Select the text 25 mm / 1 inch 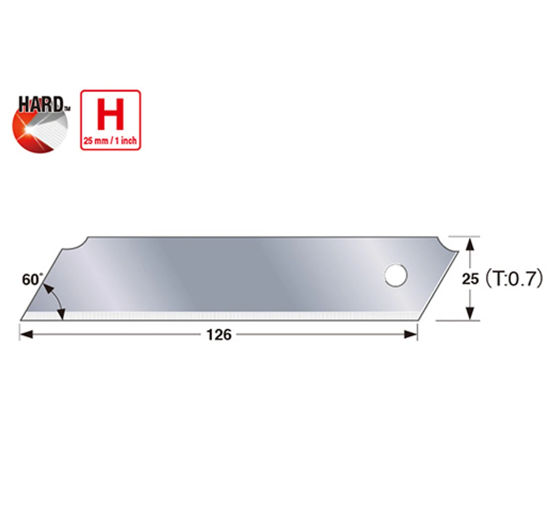110,141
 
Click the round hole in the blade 396,275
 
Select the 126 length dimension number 219,334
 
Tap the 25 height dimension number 470,279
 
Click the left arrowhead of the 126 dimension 26,334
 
